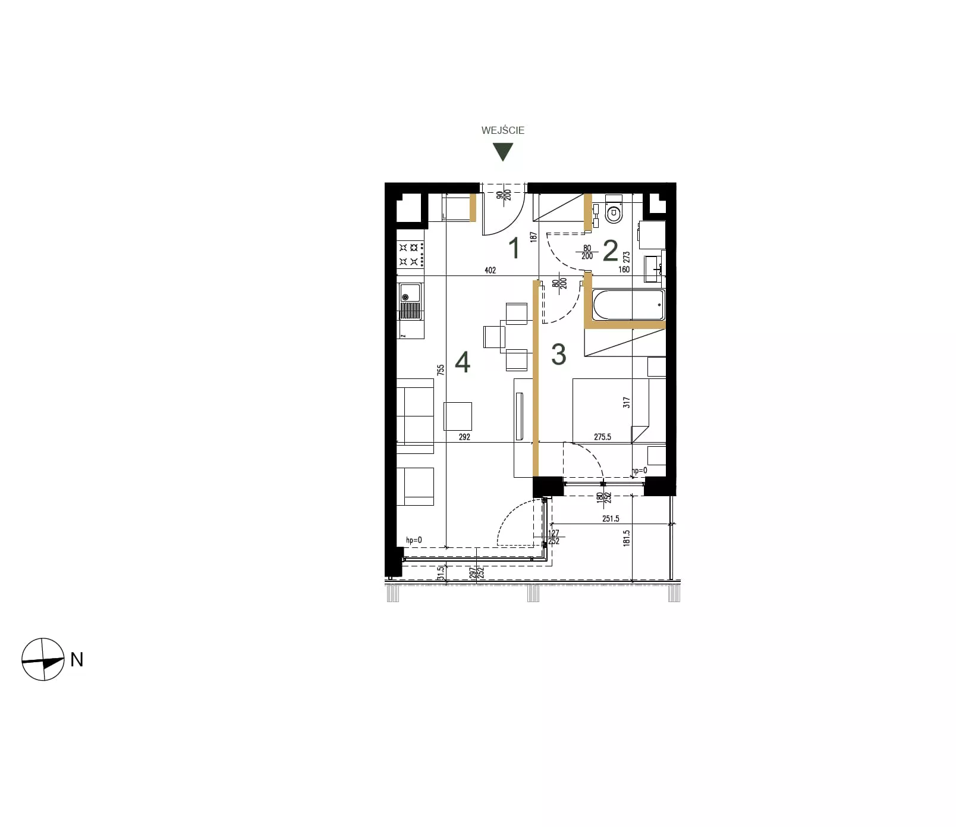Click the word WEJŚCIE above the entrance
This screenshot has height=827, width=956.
coord(503,130)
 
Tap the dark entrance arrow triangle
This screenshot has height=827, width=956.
coord(504,152)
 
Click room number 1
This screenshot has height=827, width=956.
coord(515,248)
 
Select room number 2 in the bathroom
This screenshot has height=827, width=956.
coord(610,251)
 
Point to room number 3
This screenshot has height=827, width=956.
coord(558,354)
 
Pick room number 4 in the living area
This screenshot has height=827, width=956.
coord(463,362)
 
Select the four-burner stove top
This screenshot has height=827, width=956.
coord(411,254)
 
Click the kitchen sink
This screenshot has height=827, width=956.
coord(410,302)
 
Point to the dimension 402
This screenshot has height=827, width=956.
coord(490,270)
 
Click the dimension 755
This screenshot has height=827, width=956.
coord(441,370)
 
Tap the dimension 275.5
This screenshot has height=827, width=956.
coord(602,437)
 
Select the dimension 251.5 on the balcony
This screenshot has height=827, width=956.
coord(611,519)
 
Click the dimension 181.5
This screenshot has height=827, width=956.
coord(627,538)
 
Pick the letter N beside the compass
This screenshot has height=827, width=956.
coord(77,660)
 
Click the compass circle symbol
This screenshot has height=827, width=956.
coord(43,659)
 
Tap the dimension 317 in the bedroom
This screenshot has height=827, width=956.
coord(626,403)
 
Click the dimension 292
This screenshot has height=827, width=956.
coord(464,437)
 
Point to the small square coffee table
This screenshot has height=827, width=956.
coord(458,416)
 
